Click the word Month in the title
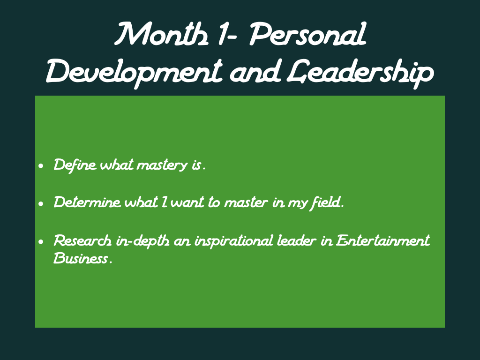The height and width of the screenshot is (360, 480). pyautogui.click(x=162, y=34)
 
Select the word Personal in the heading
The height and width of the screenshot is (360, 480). pyautogui.click(x=307, y=34)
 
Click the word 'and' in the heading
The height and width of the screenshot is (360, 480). pyautogui.click(x=255, y=72)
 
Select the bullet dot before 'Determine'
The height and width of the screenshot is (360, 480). pyautogui.click(x=41, y=203)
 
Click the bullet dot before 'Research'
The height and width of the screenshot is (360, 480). pyautogui.click(x=41, y=242)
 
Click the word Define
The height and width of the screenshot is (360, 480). pyautogui.click(x=75, y=165)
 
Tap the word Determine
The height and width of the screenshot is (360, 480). pyautogui.click(x=87, y=202)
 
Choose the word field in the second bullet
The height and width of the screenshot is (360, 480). pyautogui.click(x=326, y=203)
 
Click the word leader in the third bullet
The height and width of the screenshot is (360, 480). pyautogui.click(x=296, y=240)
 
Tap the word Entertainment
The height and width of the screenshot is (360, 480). pyautogui.click(x=383, y=240)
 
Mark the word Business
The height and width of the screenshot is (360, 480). pyautogui.click(x=81, y=258)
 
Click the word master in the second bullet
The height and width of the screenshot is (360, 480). pyautogui.click(x=246, y=203)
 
